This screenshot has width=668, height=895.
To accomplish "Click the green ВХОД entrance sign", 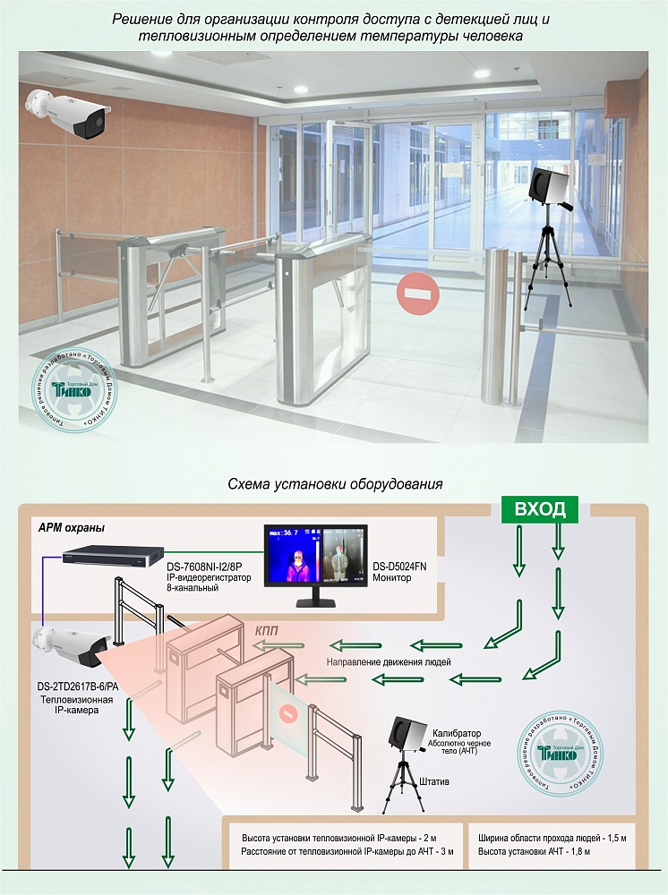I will [x=539, y=509].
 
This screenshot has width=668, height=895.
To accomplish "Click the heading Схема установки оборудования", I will [x=334, y=484].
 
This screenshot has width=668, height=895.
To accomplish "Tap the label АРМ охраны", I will [x=72, y=528].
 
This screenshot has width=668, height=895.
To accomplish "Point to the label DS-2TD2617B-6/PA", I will [x=75, y=686].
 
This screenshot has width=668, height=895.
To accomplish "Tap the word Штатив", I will [x=435, y=781].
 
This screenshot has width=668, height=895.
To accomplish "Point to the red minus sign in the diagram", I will [x=287, y=714].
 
